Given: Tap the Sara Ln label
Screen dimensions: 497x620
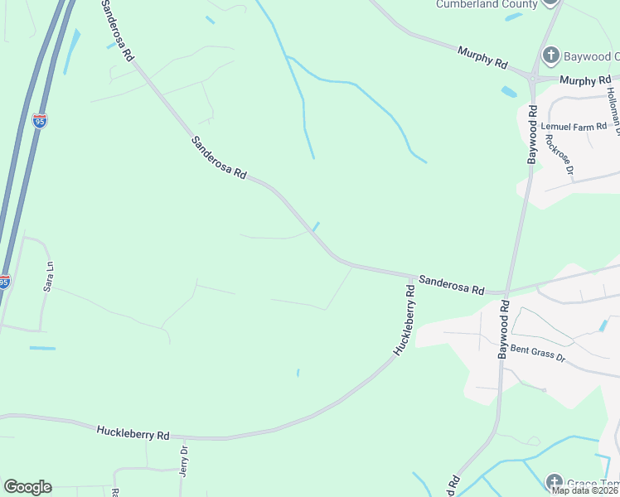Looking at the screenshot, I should click(49, 277).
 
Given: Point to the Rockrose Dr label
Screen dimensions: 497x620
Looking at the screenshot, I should click(559, 154).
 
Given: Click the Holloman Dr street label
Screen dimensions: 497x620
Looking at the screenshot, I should click(614, 108).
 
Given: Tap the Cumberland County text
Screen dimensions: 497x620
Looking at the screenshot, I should click(487, 4).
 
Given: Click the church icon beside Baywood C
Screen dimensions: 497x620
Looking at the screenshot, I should click(550, 56).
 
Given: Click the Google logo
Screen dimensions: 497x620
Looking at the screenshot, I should click(27, 487).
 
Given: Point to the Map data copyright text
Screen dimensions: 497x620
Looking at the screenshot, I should click(585, 490).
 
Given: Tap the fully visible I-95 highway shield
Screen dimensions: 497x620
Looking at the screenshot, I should click(40, 121).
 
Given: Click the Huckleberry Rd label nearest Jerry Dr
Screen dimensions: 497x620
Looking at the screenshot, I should click(133, 433).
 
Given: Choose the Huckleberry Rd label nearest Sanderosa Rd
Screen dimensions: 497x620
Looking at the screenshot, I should click(404, 320).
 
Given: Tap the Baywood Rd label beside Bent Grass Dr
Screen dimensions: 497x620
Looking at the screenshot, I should click(503, 329).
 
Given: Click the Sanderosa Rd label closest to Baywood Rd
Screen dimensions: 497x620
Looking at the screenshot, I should click(452, 286).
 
